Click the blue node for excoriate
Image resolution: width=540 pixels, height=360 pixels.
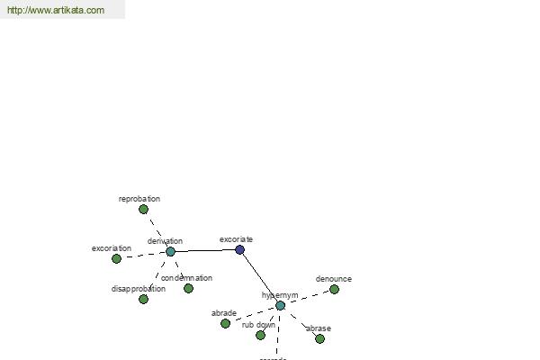pos(240,249)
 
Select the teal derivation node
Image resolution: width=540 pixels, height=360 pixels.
pos(170,252)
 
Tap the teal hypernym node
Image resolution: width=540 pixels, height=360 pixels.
pos(281,306)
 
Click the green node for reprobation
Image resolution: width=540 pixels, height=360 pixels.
pos(143,210)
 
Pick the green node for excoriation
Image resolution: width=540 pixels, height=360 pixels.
pos(116,259)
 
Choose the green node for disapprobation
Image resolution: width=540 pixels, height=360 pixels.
pos(143,300)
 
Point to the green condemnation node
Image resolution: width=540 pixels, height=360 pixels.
pos(188,289)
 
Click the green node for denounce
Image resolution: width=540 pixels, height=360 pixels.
pos(334,290)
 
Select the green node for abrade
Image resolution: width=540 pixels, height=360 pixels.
pos(225,324)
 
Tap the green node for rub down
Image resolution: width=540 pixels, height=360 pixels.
pos(260,336)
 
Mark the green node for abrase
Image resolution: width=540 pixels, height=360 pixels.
pos(319,339)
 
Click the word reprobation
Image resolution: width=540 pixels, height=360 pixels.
pos(139,199)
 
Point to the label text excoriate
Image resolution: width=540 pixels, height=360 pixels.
pos(237,239)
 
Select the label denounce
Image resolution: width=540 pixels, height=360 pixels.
pos(334,279)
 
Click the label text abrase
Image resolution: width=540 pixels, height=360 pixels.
pos(319,328)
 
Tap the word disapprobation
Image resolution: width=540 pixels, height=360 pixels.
pos(139,289)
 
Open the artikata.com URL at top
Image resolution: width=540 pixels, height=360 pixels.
pos(56,11)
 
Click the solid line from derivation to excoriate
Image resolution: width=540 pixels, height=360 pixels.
pos(205,251)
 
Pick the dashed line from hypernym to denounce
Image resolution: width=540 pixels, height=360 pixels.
pos(308,298)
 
